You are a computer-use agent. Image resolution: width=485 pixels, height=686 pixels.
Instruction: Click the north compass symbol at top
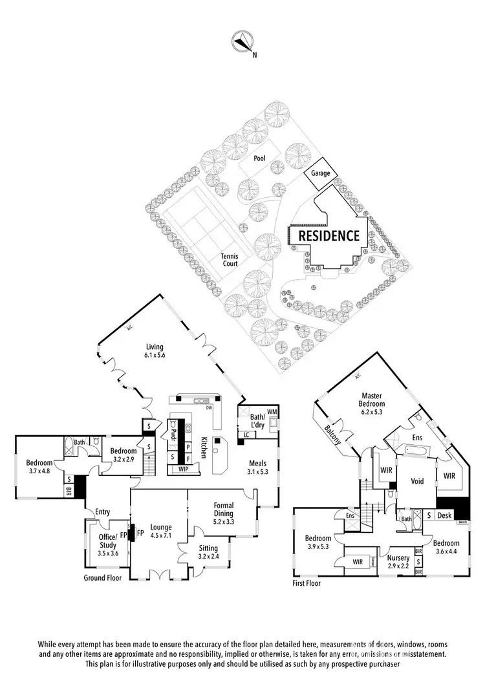[243, 42]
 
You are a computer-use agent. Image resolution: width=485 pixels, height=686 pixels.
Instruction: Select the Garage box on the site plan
[321, 173]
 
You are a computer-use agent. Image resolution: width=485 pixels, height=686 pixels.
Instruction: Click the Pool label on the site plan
[259, 157]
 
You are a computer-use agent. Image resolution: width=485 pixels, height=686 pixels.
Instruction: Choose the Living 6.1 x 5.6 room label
[155, 350]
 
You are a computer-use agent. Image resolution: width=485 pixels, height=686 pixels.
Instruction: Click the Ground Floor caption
[103, 577]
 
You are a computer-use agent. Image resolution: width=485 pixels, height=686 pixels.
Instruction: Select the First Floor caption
[307, 583]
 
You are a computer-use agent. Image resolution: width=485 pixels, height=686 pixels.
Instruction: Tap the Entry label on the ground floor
[103, 512]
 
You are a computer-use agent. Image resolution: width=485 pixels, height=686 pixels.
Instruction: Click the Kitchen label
[203, 445]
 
